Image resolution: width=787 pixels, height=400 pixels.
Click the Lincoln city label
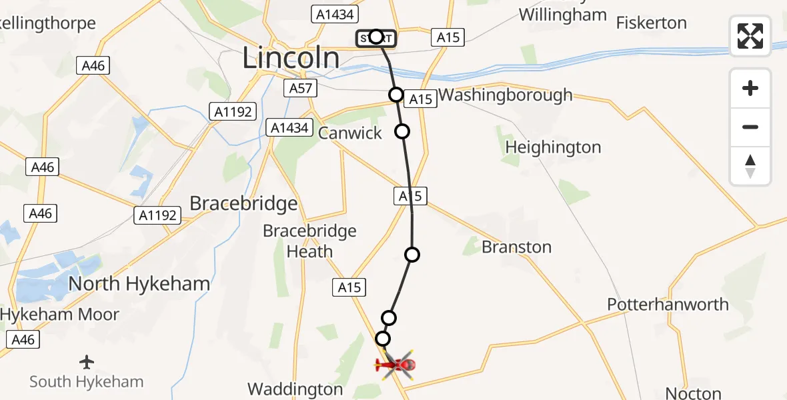point(290,58)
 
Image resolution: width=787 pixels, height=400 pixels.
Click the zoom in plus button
point(750,89)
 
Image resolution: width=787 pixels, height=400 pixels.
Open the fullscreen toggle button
point(750,35)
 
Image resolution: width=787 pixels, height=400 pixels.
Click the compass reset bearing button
point(750,166)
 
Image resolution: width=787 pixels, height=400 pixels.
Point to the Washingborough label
point(506,95)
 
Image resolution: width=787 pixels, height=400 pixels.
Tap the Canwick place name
point(350,133)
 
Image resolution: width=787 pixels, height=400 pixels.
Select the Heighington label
point(553,147)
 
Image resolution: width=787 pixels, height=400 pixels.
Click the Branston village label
point(516,247)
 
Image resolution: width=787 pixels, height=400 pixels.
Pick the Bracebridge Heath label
point(309,241)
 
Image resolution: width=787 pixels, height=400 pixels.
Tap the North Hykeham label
point(139,283)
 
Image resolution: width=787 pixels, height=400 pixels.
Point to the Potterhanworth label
point(668,304)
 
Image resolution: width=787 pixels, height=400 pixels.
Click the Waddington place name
point(295,389)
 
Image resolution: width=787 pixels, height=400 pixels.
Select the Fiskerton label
point(651,23)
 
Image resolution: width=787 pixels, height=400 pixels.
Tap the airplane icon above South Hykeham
point(86,362)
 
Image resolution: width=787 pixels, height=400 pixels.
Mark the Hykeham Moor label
point(60,314)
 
